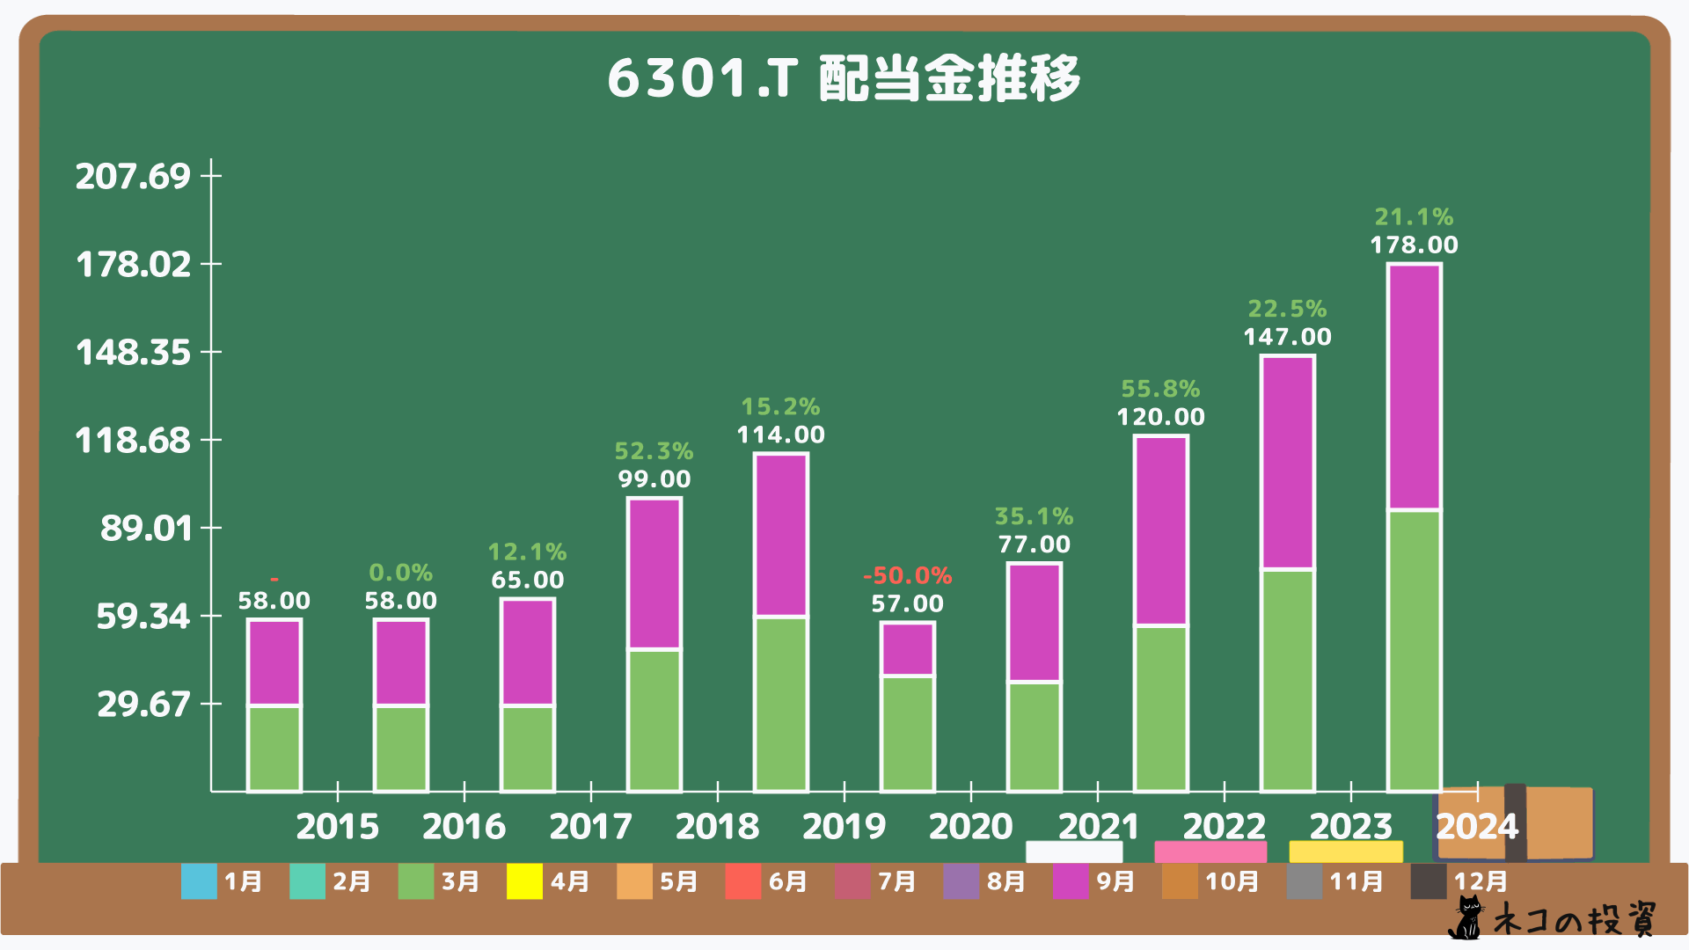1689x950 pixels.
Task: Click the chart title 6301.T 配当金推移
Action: (x=844, y=78)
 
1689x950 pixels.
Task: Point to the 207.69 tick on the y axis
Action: (x=133, y=176)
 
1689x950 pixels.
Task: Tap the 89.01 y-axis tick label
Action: (x=146, y=528)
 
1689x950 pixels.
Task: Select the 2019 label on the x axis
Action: (x=844, y=826)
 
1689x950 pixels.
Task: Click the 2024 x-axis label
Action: (x=1477, y=826)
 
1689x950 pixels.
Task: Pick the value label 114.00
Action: (x=780, y=435)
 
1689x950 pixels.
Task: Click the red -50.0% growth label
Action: (x=907, y=575)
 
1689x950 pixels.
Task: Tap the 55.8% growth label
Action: (x=1160, y=389)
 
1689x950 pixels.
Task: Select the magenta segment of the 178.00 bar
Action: (x=1414, y=387)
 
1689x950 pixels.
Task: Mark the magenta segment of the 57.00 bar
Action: (x=907, y=649)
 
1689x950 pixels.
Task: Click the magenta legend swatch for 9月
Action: (x=1071, y=881)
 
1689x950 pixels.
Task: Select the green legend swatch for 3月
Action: (x=416, y=881)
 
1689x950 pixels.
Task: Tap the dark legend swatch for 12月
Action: (x=1429, y=881)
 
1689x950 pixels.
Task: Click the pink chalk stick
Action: (x=1210, y=851)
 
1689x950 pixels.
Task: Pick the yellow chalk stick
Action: (x=1346, y=851)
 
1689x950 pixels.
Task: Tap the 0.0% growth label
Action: (x=400, y=573)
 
